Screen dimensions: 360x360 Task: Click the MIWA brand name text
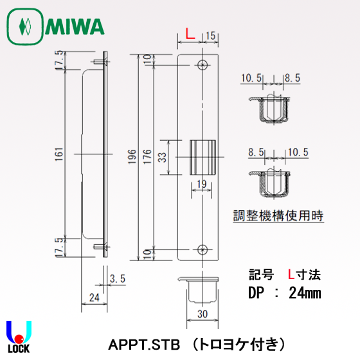(75, 27)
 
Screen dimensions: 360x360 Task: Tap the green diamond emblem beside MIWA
(25, 27)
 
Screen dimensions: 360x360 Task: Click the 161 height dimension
(59, 154)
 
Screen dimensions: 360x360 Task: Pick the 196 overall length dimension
(132, 156)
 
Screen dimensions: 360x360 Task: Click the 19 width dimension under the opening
(201, 184)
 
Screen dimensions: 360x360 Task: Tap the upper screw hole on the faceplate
(203, 64)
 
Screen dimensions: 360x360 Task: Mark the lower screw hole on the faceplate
(203, 249)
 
